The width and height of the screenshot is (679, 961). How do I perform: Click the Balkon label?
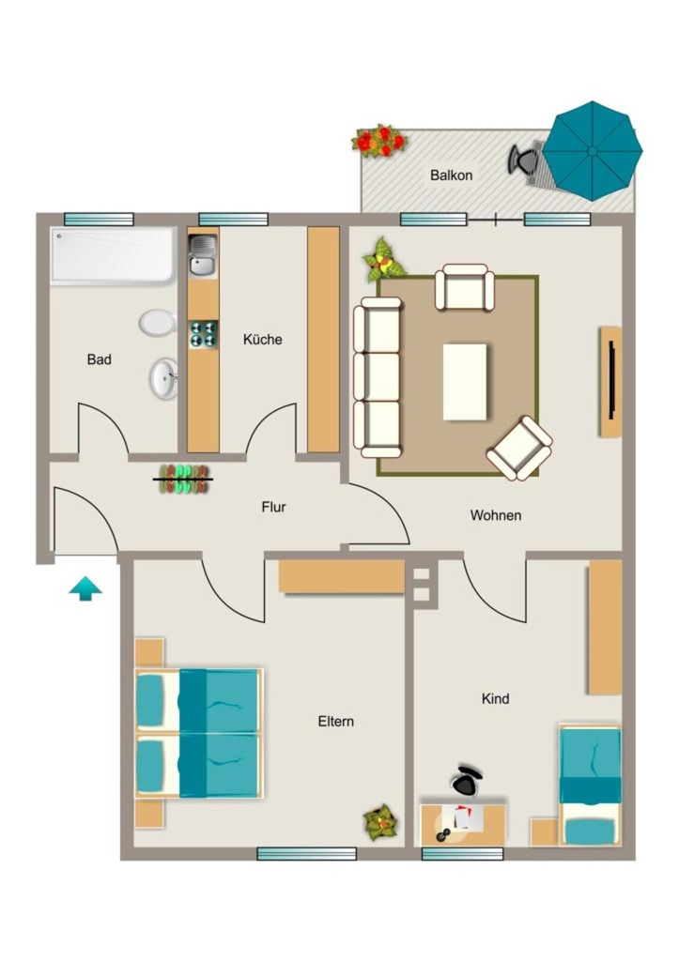click(x=452, y=175)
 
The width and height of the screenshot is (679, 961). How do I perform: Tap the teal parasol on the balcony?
click(x=593, y=151)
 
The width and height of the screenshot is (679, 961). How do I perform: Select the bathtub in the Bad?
click(x=114, y=255)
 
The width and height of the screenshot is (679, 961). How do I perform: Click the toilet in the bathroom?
click(x=158, y=323)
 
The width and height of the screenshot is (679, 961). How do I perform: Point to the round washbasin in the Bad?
click(x=163, y=379)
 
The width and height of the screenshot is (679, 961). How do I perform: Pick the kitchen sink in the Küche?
click(x=203, y=255)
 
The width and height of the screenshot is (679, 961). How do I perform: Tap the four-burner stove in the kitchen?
click(x=203, y=334)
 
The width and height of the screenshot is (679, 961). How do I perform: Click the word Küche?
click(x=263, y=340)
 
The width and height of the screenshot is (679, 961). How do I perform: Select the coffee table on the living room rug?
click(x=465, y=382)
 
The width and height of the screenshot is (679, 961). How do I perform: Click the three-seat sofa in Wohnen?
click(x=378, y=377)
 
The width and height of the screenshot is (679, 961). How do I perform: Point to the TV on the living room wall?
click(x=611, y=380)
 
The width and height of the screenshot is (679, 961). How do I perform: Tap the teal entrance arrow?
click(x=85, y=588)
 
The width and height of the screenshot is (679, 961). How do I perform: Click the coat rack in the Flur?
click(x=183, y=480)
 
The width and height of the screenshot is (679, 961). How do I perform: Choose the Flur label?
click(x=273, y=508)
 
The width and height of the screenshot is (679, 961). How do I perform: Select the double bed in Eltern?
click(x=199, y=734)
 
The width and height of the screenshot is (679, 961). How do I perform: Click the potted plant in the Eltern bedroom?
click(x=380, y=822)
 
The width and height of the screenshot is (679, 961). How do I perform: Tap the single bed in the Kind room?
click(x=590, y=786)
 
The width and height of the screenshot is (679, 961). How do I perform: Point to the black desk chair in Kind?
click(x=466, y=782)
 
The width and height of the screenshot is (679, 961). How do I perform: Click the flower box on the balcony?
click(x=379, y=141)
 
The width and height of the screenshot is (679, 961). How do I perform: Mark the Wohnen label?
click(x=496, y=515)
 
